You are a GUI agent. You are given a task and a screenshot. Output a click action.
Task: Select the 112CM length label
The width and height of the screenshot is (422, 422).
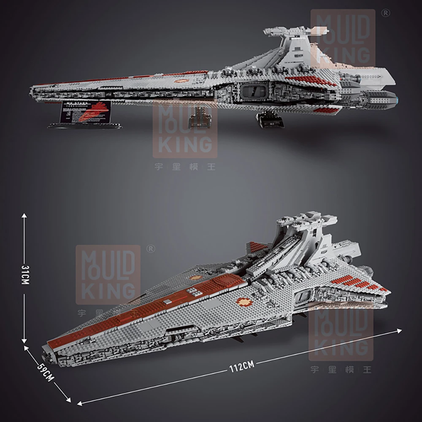[x=240, y=366]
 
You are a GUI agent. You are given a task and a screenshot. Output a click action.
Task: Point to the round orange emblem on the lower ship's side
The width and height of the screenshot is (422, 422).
[x=244, y=302]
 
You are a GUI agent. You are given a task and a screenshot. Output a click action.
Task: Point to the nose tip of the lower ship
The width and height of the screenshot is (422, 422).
[x=46, y=349]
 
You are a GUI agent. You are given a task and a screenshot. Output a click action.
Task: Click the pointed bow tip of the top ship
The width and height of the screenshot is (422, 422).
[x=32, y=90]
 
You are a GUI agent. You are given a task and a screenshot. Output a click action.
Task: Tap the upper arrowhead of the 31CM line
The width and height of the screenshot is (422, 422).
[x=24, y=215]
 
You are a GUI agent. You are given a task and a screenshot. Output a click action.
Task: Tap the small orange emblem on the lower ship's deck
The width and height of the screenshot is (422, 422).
[x=195, y=278]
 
